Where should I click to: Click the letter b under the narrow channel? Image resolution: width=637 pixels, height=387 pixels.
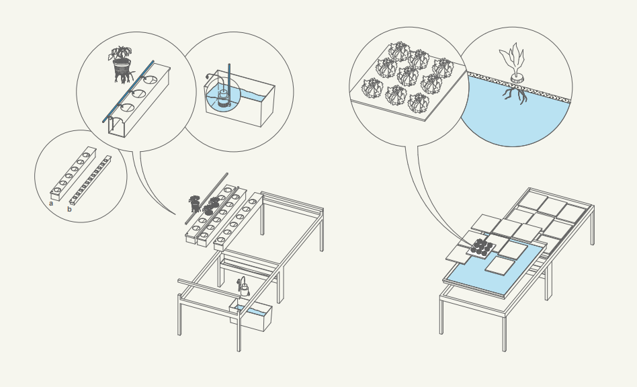(x=69, y=209)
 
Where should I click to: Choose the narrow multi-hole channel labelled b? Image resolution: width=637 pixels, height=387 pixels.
(x=91, y=179)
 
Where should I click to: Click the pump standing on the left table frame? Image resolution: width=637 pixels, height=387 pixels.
(x=244, y=288)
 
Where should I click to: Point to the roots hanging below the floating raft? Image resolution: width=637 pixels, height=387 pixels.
(x=515, y=96)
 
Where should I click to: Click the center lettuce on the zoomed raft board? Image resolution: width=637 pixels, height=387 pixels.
(x=407, y=75)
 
